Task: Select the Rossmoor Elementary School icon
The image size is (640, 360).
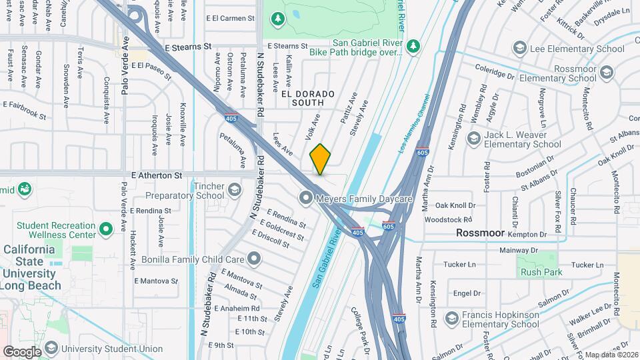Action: (x=607, y=71)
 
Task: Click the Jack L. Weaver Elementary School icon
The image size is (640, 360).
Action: (x=474, y=138)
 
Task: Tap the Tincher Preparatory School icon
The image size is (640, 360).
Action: (x=235, y=191)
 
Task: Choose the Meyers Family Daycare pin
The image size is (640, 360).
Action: (x=306, y=197)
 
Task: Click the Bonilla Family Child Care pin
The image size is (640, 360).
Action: (x=253, y=257)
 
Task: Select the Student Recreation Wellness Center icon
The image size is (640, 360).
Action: (x=105, y=230)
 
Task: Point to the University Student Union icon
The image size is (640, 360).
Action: (x=49, y=348)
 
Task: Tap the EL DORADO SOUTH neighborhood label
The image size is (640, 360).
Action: (x=302, y=98)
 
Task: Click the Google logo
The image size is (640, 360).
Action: (x=22, y=351)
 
